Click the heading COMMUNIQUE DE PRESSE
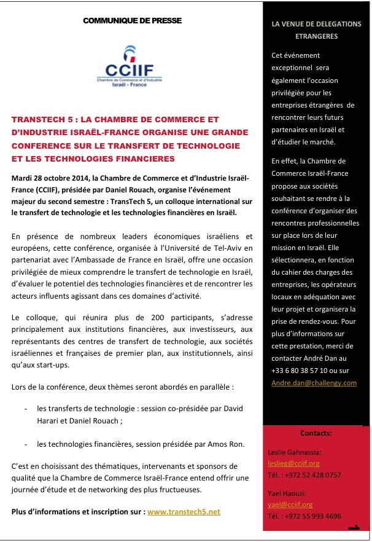132,21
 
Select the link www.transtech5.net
184,511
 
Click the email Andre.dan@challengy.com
314,382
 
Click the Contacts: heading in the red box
316,433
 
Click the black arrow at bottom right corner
354,528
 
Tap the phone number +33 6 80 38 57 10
297,371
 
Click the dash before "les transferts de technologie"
25,408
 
